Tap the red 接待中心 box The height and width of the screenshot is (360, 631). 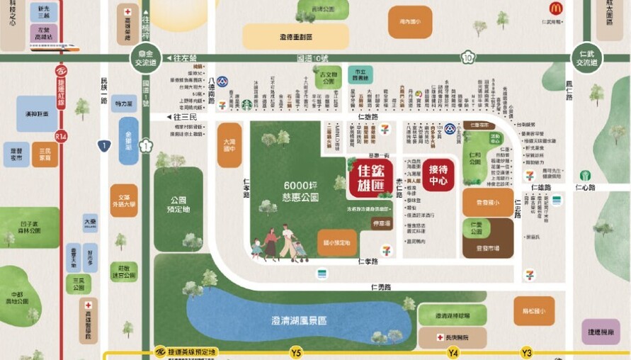438,174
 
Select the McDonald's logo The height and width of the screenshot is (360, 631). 556,9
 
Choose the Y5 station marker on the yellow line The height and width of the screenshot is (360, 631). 296,352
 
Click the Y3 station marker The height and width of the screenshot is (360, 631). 526,352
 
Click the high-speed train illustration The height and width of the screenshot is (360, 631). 55,49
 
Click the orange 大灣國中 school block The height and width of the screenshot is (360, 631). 229,145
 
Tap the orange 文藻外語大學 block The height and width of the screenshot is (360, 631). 124,201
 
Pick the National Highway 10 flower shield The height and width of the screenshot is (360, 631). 467,58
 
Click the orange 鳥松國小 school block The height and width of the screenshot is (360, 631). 533,310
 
